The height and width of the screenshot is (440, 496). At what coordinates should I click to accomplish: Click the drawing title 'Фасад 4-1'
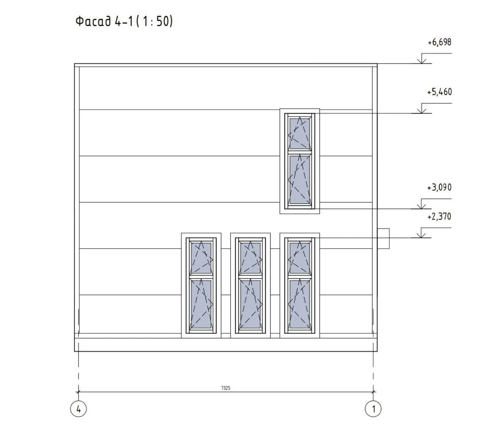click(104, 21)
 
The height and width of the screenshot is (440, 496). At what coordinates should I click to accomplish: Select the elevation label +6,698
click(439, 42)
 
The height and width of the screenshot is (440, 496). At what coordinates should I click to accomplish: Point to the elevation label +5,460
click(439, 92)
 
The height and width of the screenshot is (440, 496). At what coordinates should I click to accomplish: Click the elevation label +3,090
click(439, 188)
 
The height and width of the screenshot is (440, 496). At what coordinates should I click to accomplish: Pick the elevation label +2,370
click(439, 217)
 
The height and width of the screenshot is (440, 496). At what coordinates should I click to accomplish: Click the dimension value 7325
click(226, 388)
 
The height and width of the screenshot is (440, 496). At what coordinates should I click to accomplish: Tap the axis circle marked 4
click(78, 409)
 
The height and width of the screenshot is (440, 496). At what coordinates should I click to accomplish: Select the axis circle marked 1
click(373, 409)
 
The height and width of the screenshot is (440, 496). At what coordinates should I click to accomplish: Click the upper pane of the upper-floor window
click(299, 134)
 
